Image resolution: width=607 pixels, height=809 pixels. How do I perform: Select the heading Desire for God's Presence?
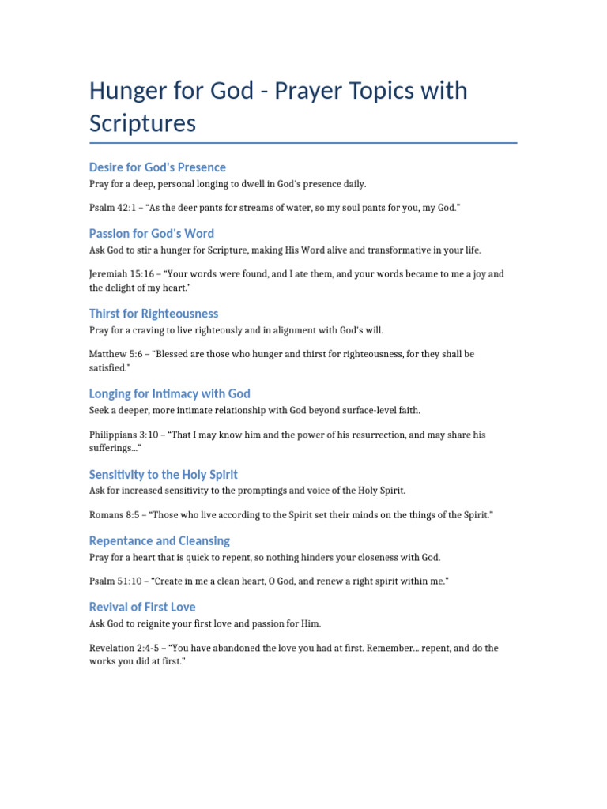157,167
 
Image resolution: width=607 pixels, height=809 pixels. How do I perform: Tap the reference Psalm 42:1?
111,208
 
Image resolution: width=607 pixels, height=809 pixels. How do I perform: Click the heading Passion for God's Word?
151,234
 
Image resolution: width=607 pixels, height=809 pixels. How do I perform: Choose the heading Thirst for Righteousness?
153,314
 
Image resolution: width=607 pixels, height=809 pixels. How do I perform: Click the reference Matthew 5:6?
118,355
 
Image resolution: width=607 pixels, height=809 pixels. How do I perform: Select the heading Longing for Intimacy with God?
169,393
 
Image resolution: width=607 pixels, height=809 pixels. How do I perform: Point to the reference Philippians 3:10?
126,435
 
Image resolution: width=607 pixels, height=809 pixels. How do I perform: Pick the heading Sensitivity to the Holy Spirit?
163,475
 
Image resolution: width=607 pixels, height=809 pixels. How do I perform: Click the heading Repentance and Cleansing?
159,541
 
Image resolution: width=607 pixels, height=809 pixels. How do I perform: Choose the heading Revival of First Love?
142,608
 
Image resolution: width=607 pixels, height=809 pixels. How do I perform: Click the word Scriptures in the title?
142,124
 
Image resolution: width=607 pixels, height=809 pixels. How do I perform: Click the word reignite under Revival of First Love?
168,623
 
